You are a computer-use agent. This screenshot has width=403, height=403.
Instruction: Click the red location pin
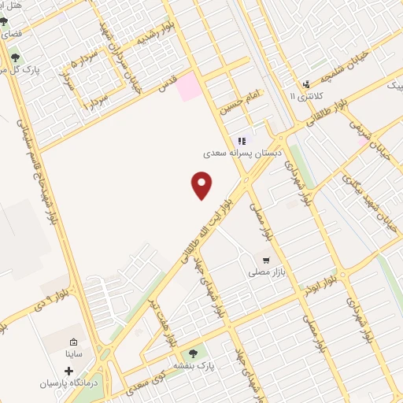202,186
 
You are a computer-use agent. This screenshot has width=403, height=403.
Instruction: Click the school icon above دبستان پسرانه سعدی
240,141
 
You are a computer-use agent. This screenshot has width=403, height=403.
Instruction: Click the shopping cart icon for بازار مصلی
267,259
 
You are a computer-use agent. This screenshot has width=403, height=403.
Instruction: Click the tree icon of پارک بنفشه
194,353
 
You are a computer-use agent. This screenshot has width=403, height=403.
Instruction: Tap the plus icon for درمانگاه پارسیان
68,370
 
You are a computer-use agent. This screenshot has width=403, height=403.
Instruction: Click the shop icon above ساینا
73,342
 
